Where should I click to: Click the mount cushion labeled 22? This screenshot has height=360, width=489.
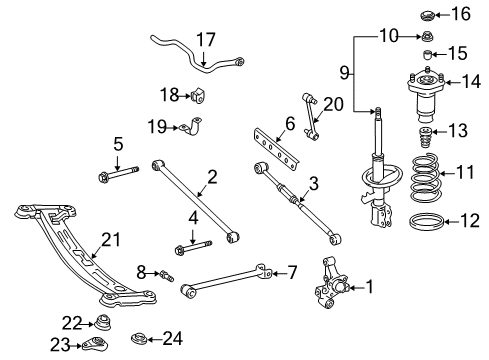pyautogui.click(x=100, y=324)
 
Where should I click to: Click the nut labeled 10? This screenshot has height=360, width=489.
pyautogui.click(x=424, y=38)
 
